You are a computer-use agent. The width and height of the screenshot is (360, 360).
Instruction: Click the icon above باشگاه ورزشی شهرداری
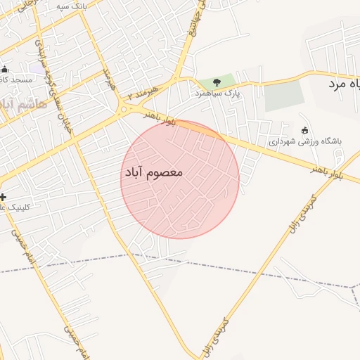[304, 129]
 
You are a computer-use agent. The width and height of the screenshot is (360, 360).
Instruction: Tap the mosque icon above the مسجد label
[4, 69]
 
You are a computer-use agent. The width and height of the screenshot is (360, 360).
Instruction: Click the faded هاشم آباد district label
[25, 104]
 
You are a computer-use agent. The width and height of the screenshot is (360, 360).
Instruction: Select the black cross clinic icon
[4, 197]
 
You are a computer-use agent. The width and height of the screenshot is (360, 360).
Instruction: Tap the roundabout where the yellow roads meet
[124, 108]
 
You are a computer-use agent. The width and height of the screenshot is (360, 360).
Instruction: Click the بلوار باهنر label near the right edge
[328, 171]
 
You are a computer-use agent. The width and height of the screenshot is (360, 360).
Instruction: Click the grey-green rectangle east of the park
[285, 96]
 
